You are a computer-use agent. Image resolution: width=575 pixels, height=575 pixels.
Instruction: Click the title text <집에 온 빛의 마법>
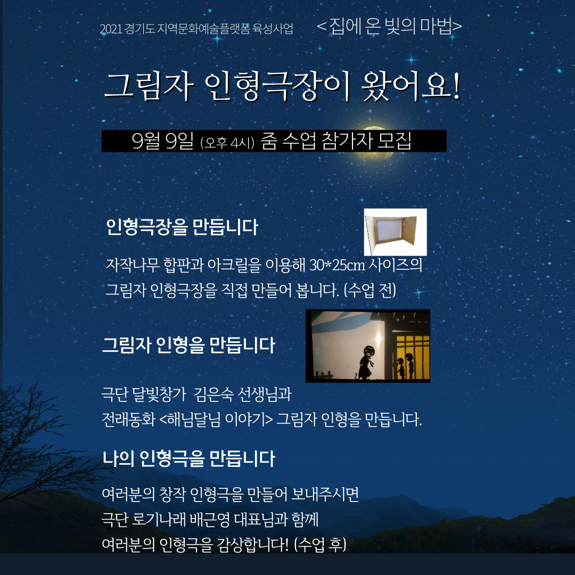(x=389, y=26)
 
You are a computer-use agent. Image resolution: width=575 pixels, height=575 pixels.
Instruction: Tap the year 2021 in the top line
(x=111, y=29)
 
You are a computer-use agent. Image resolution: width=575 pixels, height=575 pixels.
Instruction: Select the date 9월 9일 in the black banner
(x=162, y=141)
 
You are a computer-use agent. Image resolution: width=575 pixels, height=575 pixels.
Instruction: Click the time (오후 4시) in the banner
(x=227, y=142)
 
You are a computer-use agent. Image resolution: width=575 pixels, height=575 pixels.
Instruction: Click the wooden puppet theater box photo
(x=395, y=232)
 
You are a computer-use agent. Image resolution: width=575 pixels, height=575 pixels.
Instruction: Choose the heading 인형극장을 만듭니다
(x=182, y=227)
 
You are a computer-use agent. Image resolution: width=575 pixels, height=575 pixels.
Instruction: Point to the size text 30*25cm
(x=338, y=265)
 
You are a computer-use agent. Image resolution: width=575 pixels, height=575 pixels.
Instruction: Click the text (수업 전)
(x=369, y=291)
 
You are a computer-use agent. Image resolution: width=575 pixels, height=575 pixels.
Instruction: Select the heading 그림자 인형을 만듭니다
(x=188, y=345)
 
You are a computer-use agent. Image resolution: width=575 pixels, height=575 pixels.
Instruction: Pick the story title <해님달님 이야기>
(x=216, y=419)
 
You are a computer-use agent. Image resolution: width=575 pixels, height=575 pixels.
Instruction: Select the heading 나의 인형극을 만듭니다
(x=188, y=458)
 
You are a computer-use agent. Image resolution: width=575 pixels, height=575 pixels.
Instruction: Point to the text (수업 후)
(x=320, y=544)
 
